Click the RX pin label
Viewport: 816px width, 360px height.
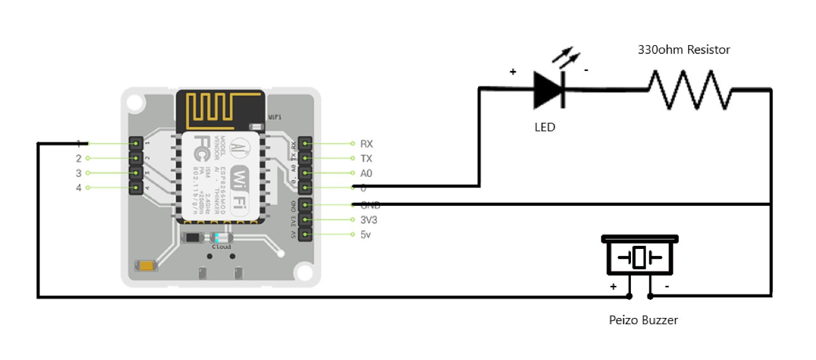point(366,144)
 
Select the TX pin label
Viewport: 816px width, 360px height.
point(366,159)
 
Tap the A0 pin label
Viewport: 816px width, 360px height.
point(366,173)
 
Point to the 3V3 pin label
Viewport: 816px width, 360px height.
point(369,220)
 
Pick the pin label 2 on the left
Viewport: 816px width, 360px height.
point(78,159)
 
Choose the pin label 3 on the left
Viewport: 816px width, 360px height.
point(78,173)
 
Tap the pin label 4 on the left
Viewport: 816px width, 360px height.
point(78,188)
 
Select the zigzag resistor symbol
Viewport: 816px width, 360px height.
point(690,90)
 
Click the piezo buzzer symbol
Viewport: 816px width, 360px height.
point(639,256)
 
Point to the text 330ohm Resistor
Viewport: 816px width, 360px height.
point(684,50)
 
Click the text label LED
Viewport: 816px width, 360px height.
point(544,127)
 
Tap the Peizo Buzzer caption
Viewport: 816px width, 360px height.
point(644,320)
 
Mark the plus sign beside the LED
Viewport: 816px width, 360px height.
point(512,72)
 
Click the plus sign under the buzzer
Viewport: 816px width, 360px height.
point(613,286)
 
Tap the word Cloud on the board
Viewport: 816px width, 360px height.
point(221,247)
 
